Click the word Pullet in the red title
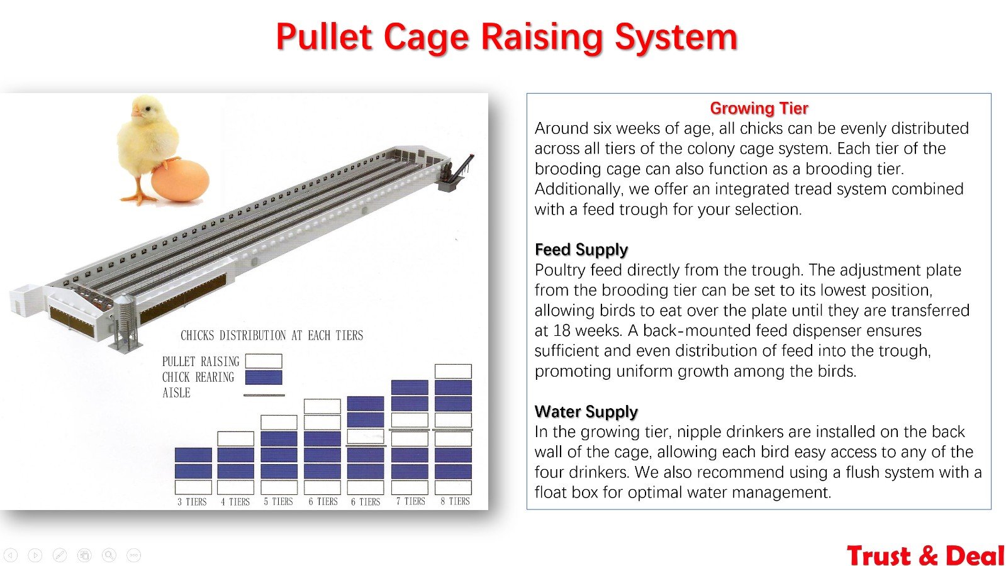coord(324,37)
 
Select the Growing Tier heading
coord(759,108)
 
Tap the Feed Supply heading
coord(581,250)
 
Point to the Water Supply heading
coord(586,411)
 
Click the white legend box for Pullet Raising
coord(264,361)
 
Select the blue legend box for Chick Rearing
coord(264,377)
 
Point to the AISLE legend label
coord(176,393)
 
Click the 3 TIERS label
coord(193,502)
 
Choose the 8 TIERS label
coord(455,501)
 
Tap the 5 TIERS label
coord(279,502)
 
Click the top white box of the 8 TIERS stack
coord(453,371)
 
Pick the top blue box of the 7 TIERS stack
coord(410,387)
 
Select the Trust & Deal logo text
coord(925,556)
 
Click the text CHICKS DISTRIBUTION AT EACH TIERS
coord(272,335)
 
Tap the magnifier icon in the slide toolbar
coord(109,555)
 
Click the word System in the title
coord(676,38)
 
